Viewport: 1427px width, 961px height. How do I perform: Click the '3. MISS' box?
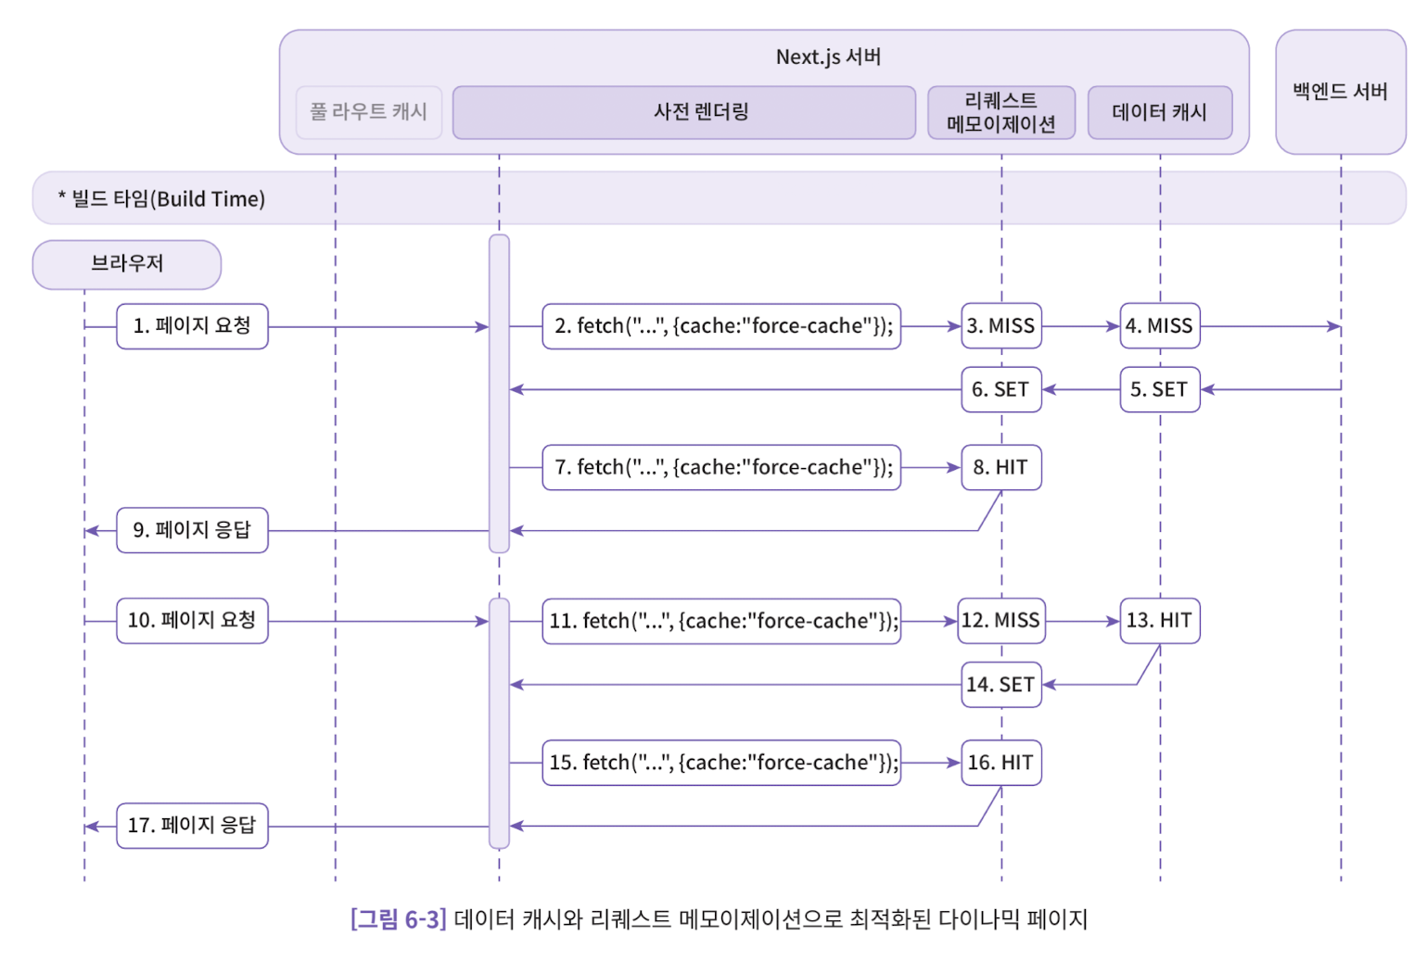(x=1000, y=326)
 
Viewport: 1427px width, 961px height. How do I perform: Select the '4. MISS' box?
(x=1159, y=326)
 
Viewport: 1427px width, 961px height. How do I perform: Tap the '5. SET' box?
(x=1159, y=390)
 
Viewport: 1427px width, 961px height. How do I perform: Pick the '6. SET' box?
(x=1000, y=390)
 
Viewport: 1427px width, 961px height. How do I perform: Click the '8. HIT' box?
(x=1000, y=468)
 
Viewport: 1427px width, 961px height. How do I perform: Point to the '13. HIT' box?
(x=1159, y=621)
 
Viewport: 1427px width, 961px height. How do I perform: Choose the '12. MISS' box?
(x=1000, y=621)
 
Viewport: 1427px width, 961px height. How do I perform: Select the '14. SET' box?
(x=1000, y=685)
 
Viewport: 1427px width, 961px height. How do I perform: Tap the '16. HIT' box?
(x=1000, y=763)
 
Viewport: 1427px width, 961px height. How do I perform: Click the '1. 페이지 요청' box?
(x=192, y=326)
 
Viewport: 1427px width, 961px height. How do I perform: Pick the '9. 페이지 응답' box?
(x=192, y=530)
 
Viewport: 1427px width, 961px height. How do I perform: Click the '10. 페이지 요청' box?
(x=192, y=621)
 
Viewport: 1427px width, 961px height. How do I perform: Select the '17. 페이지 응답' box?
(x=192, y=826)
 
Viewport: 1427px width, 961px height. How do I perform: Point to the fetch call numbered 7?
(x=721, y=468)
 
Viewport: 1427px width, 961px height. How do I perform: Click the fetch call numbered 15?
(x=721, y=763)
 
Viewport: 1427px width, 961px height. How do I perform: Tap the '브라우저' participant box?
(x=127, y=265)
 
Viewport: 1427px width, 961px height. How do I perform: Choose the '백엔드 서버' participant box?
(x=1340, y=92)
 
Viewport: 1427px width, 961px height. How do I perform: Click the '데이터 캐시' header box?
(x=1159, y=113)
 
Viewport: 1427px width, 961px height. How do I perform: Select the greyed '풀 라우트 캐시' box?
(x=368, y=113)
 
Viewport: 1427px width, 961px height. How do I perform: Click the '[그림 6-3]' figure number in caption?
(x=398, y=919)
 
